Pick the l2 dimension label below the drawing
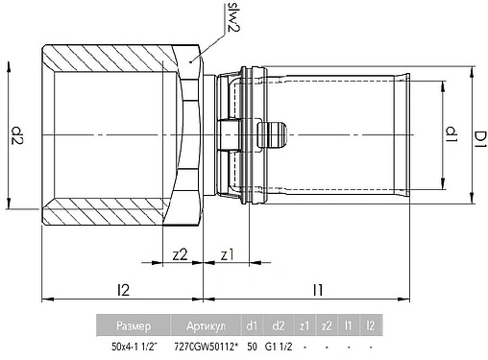pos(124,288)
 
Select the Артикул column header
pos(203,324)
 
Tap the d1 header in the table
pos(251,324)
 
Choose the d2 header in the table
pos(279,324)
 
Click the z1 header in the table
pos(305,324)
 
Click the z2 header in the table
pos(328,324)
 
